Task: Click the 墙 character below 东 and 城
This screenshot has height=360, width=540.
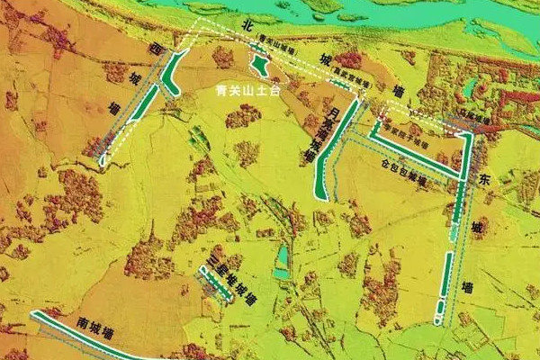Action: click(x=469, y=287)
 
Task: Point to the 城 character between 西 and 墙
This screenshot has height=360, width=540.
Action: click(x=133, y=76)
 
